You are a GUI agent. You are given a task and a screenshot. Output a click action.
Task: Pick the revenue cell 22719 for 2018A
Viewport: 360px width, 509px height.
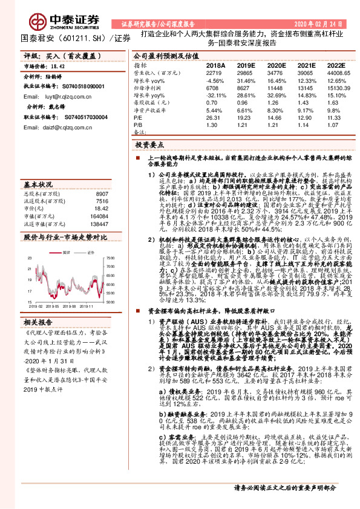click(215, 72)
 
